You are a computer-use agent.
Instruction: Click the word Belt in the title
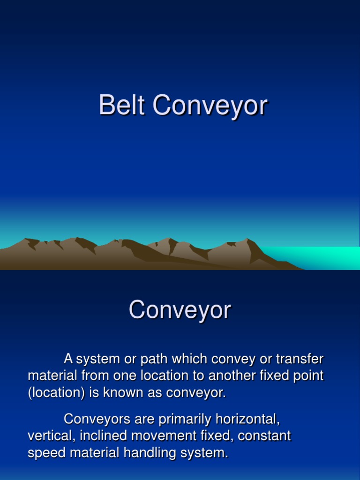(x=122, y=105)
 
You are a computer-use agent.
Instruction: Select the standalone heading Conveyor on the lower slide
(x=180, y=310)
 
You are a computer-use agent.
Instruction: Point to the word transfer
(x=300, y=360)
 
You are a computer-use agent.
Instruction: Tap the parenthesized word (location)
(x=56, y=393)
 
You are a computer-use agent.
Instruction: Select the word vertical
(x=52, y=436)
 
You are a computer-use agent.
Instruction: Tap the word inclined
(x=104, y=436)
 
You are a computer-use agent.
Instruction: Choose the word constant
(x=264, y=436)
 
